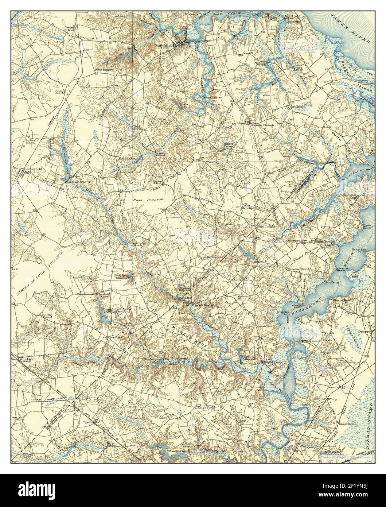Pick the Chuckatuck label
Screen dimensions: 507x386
pyautogui.click(x=269, y=266)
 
